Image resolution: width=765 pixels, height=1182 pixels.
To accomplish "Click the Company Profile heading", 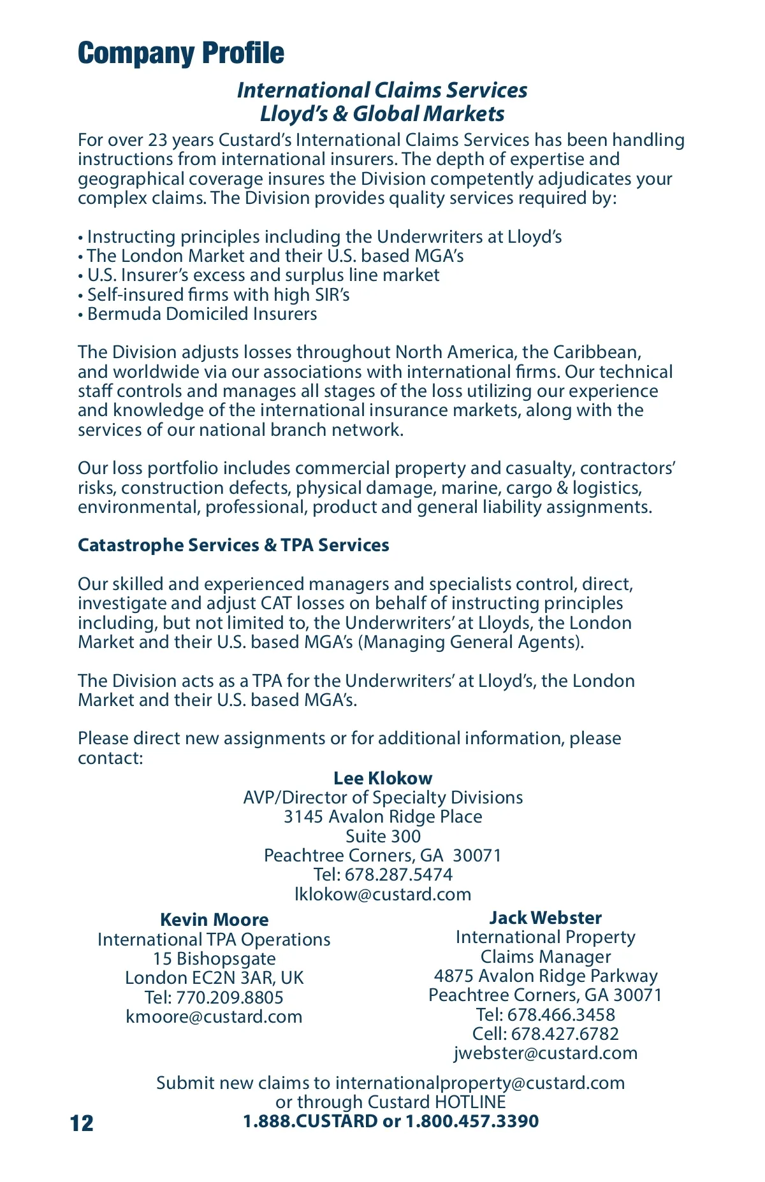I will [181, 54].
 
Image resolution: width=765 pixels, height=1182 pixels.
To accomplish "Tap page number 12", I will [82, 1123].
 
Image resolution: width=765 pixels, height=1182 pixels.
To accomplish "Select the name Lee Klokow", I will [382, 778].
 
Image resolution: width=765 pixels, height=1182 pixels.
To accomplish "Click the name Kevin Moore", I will [214, 919].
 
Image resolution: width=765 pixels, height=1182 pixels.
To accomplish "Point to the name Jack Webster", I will [545, 918].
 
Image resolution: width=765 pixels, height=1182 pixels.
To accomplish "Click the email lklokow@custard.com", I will [382, 894].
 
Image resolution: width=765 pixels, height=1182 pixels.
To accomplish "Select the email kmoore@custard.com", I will [214, 1016].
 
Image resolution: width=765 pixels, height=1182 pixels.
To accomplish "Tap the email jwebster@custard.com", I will [545, 1053].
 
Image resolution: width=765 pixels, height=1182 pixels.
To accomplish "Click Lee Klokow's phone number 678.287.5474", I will [398, 874].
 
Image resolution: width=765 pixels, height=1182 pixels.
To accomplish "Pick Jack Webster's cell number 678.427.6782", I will [565, 1034].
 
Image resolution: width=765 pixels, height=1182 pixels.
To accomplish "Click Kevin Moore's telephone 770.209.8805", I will [229, 997].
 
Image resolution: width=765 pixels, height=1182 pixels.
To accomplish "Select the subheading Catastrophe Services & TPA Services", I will [233, 545].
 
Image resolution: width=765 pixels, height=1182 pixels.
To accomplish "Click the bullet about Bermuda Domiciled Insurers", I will [201, 314].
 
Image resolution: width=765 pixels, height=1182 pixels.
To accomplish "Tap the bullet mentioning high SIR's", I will [218, 295].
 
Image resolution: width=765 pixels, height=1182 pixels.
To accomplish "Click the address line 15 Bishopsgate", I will [214, 958].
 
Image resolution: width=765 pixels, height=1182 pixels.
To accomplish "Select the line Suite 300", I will [382, 836].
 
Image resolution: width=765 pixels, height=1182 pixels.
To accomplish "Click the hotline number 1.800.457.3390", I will [472, 1121].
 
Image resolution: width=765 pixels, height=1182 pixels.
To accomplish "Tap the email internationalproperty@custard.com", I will [479, 1083].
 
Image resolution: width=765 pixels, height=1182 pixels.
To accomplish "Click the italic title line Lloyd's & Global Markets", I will [382, 114].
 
